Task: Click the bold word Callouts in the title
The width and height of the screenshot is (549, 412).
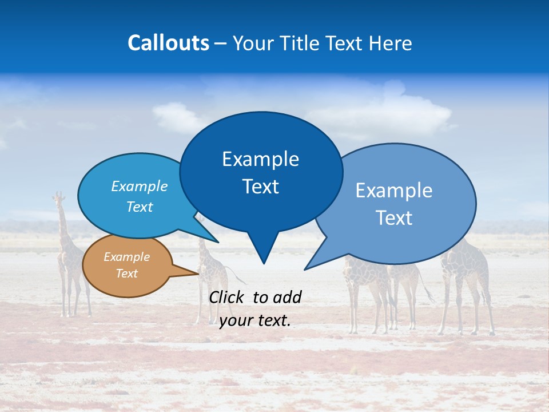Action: [169, 43]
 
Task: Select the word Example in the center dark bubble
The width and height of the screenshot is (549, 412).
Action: [260, 159]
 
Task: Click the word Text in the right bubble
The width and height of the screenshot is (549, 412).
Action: [394, 218]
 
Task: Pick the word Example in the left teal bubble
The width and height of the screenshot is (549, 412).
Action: [140, 186]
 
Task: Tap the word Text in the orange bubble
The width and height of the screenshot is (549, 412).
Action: [126, 274]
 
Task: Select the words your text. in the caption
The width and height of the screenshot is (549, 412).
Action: [255, 320]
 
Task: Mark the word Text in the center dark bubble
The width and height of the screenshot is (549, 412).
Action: [260, 187]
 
